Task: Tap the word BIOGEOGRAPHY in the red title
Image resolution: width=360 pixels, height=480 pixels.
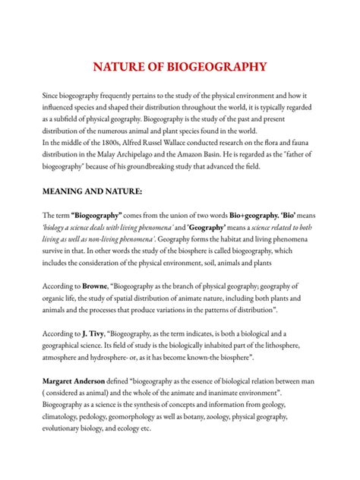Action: [x=216, y=66]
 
